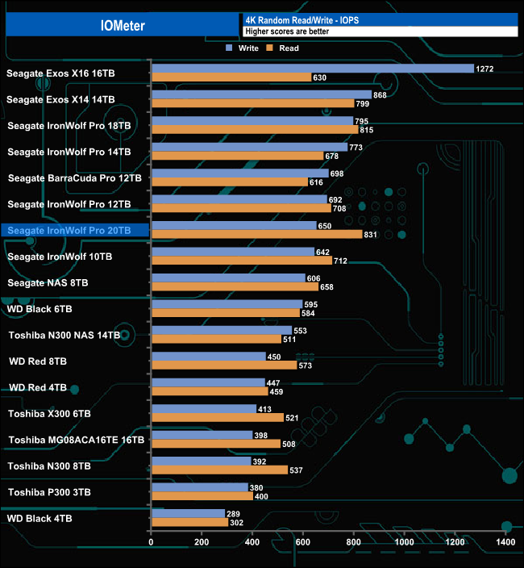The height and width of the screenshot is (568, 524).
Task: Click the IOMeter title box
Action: (x=123, y=25)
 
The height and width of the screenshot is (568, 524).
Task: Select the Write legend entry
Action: (x=243, y=48)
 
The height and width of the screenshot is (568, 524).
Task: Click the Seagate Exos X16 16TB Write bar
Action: (x=312, y=69)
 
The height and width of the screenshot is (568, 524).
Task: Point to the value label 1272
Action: (x=484, y=69)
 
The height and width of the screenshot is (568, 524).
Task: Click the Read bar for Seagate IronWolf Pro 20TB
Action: (x=256, y=235)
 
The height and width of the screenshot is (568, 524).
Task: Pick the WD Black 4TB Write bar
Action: (x=188, y=514)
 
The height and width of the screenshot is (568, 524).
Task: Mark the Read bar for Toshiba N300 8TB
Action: (x=219, y=470)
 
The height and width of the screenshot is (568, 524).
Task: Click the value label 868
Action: (x=381, y=95)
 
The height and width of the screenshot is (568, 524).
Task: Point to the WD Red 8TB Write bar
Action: (x=208, y=357)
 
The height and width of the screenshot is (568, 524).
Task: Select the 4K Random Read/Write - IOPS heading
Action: (x=293, y=19)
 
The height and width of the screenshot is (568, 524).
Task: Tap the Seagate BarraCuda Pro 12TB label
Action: (x=75, y=178)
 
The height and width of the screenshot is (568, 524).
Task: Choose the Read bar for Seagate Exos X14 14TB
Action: (x=252, y=103)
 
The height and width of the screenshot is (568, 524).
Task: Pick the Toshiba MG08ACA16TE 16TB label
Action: (x=77, y=441)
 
